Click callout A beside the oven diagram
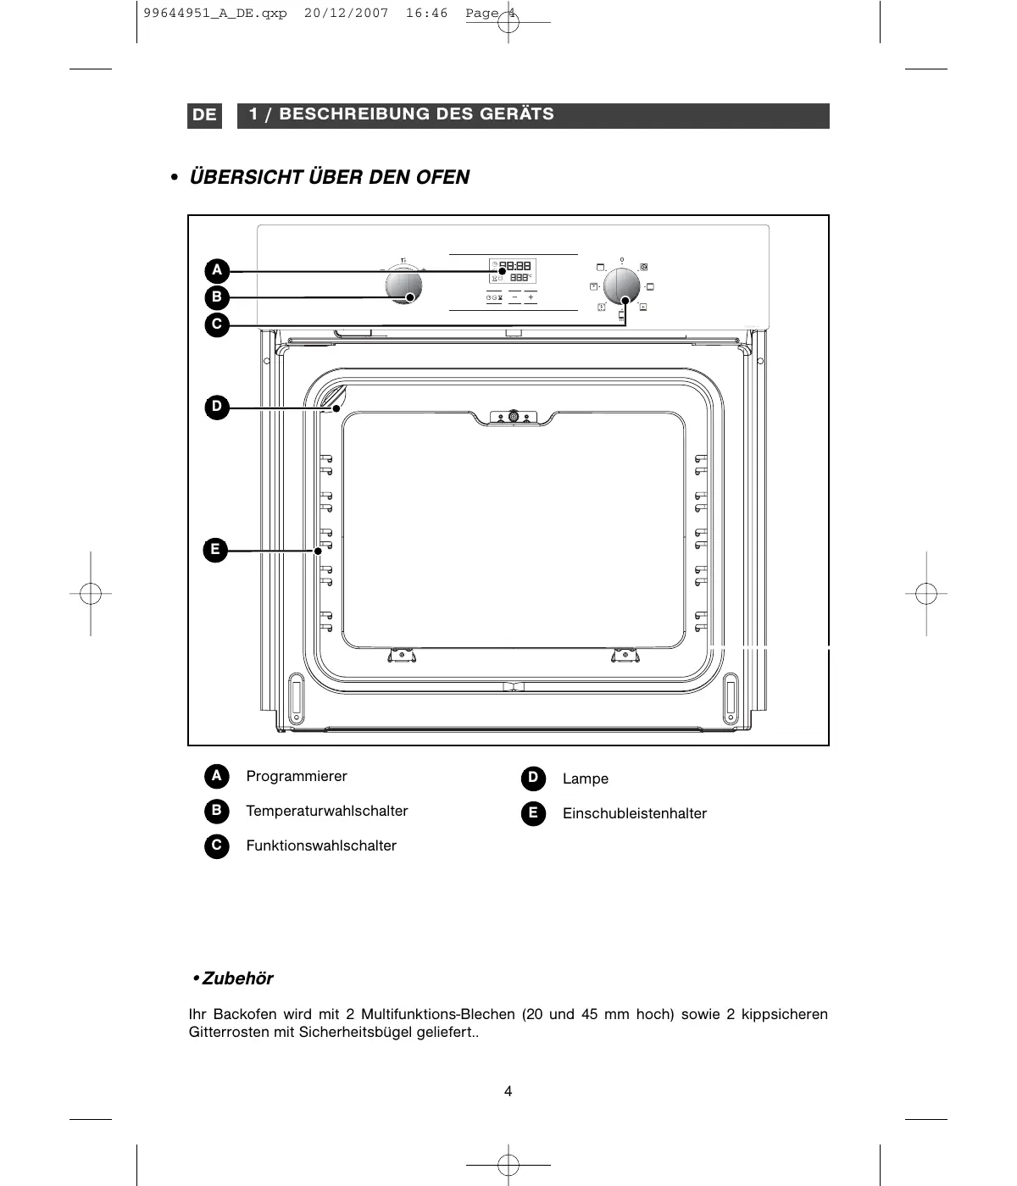coord(217,271)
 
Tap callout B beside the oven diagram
coord(217,297)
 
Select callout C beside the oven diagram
coord(217,324)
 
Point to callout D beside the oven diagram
coord(217,407)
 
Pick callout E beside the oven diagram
coord(215,550)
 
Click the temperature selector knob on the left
coord(403,285)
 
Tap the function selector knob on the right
coord(623,286)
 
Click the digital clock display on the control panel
coord(514,266)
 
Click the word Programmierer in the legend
coord(297,777)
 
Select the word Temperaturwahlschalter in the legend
coord(327,812)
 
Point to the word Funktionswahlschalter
coord(321,846)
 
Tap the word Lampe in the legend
coord(586,779)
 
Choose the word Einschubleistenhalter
coord(635,814)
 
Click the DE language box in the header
coord(204,115)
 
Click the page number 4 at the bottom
coord(508,1091)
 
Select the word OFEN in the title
coord(442,177)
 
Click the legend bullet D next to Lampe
coord(532,778)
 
